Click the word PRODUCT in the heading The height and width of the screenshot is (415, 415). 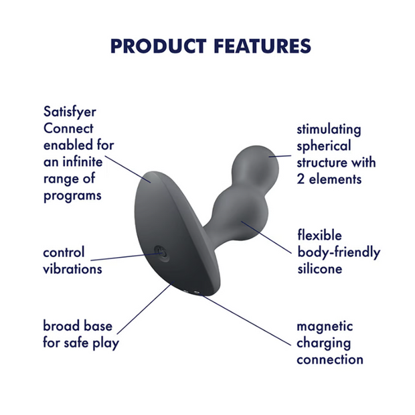(x=158, y=46)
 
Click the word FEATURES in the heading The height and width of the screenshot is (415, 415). (x=262, y=46)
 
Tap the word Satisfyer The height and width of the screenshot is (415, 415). (x=70, y=112)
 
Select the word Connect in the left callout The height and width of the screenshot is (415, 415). (x=68, y=129)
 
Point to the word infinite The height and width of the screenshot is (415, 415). (x=82, y=162)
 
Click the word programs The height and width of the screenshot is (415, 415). (x=72, y=196)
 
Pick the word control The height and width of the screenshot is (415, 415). (x=64, y=252)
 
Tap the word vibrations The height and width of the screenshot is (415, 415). (x=72, y=269)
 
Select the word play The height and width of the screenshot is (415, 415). (x=106, y=343)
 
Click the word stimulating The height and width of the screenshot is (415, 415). (x=329, y=130)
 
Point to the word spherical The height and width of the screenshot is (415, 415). (x=324, y=147)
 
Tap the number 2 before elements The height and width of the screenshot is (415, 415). (x=301, y=179)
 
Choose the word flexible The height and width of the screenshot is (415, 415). (x=319, y=235)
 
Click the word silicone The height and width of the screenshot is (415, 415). (x=320, y=269)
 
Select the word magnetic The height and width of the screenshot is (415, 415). (x=325, y=327)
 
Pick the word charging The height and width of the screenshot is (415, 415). (x=324, y=343)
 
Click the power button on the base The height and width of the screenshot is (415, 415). (x=161, y=254)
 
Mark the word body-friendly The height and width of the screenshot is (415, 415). (x=339, y=252)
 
